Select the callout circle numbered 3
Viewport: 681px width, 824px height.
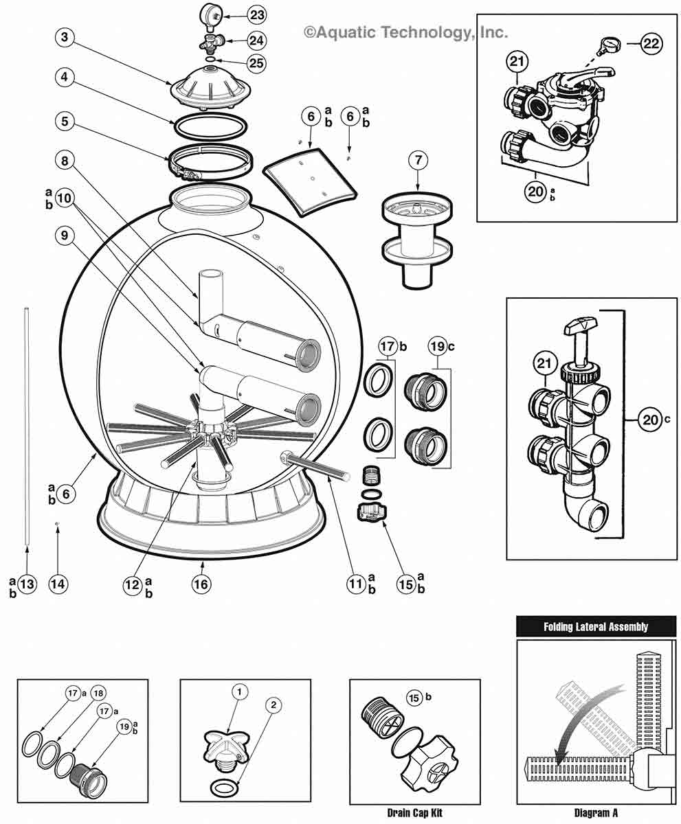coord(65,37)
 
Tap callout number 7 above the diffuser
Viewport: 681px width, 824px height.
coord(418,161)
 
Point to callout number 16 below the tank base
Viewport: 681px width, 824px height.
coord(201,584)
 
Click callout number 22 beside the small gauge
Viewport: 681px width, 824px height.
coord(651,44)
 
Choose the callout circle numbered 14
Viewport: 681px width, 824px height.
coord(58,584)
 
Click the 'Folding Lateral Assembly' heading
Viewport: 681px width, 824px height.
coord(595,626)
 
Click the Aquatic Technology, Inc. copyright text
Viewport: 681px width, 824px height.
coord(405,32)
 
